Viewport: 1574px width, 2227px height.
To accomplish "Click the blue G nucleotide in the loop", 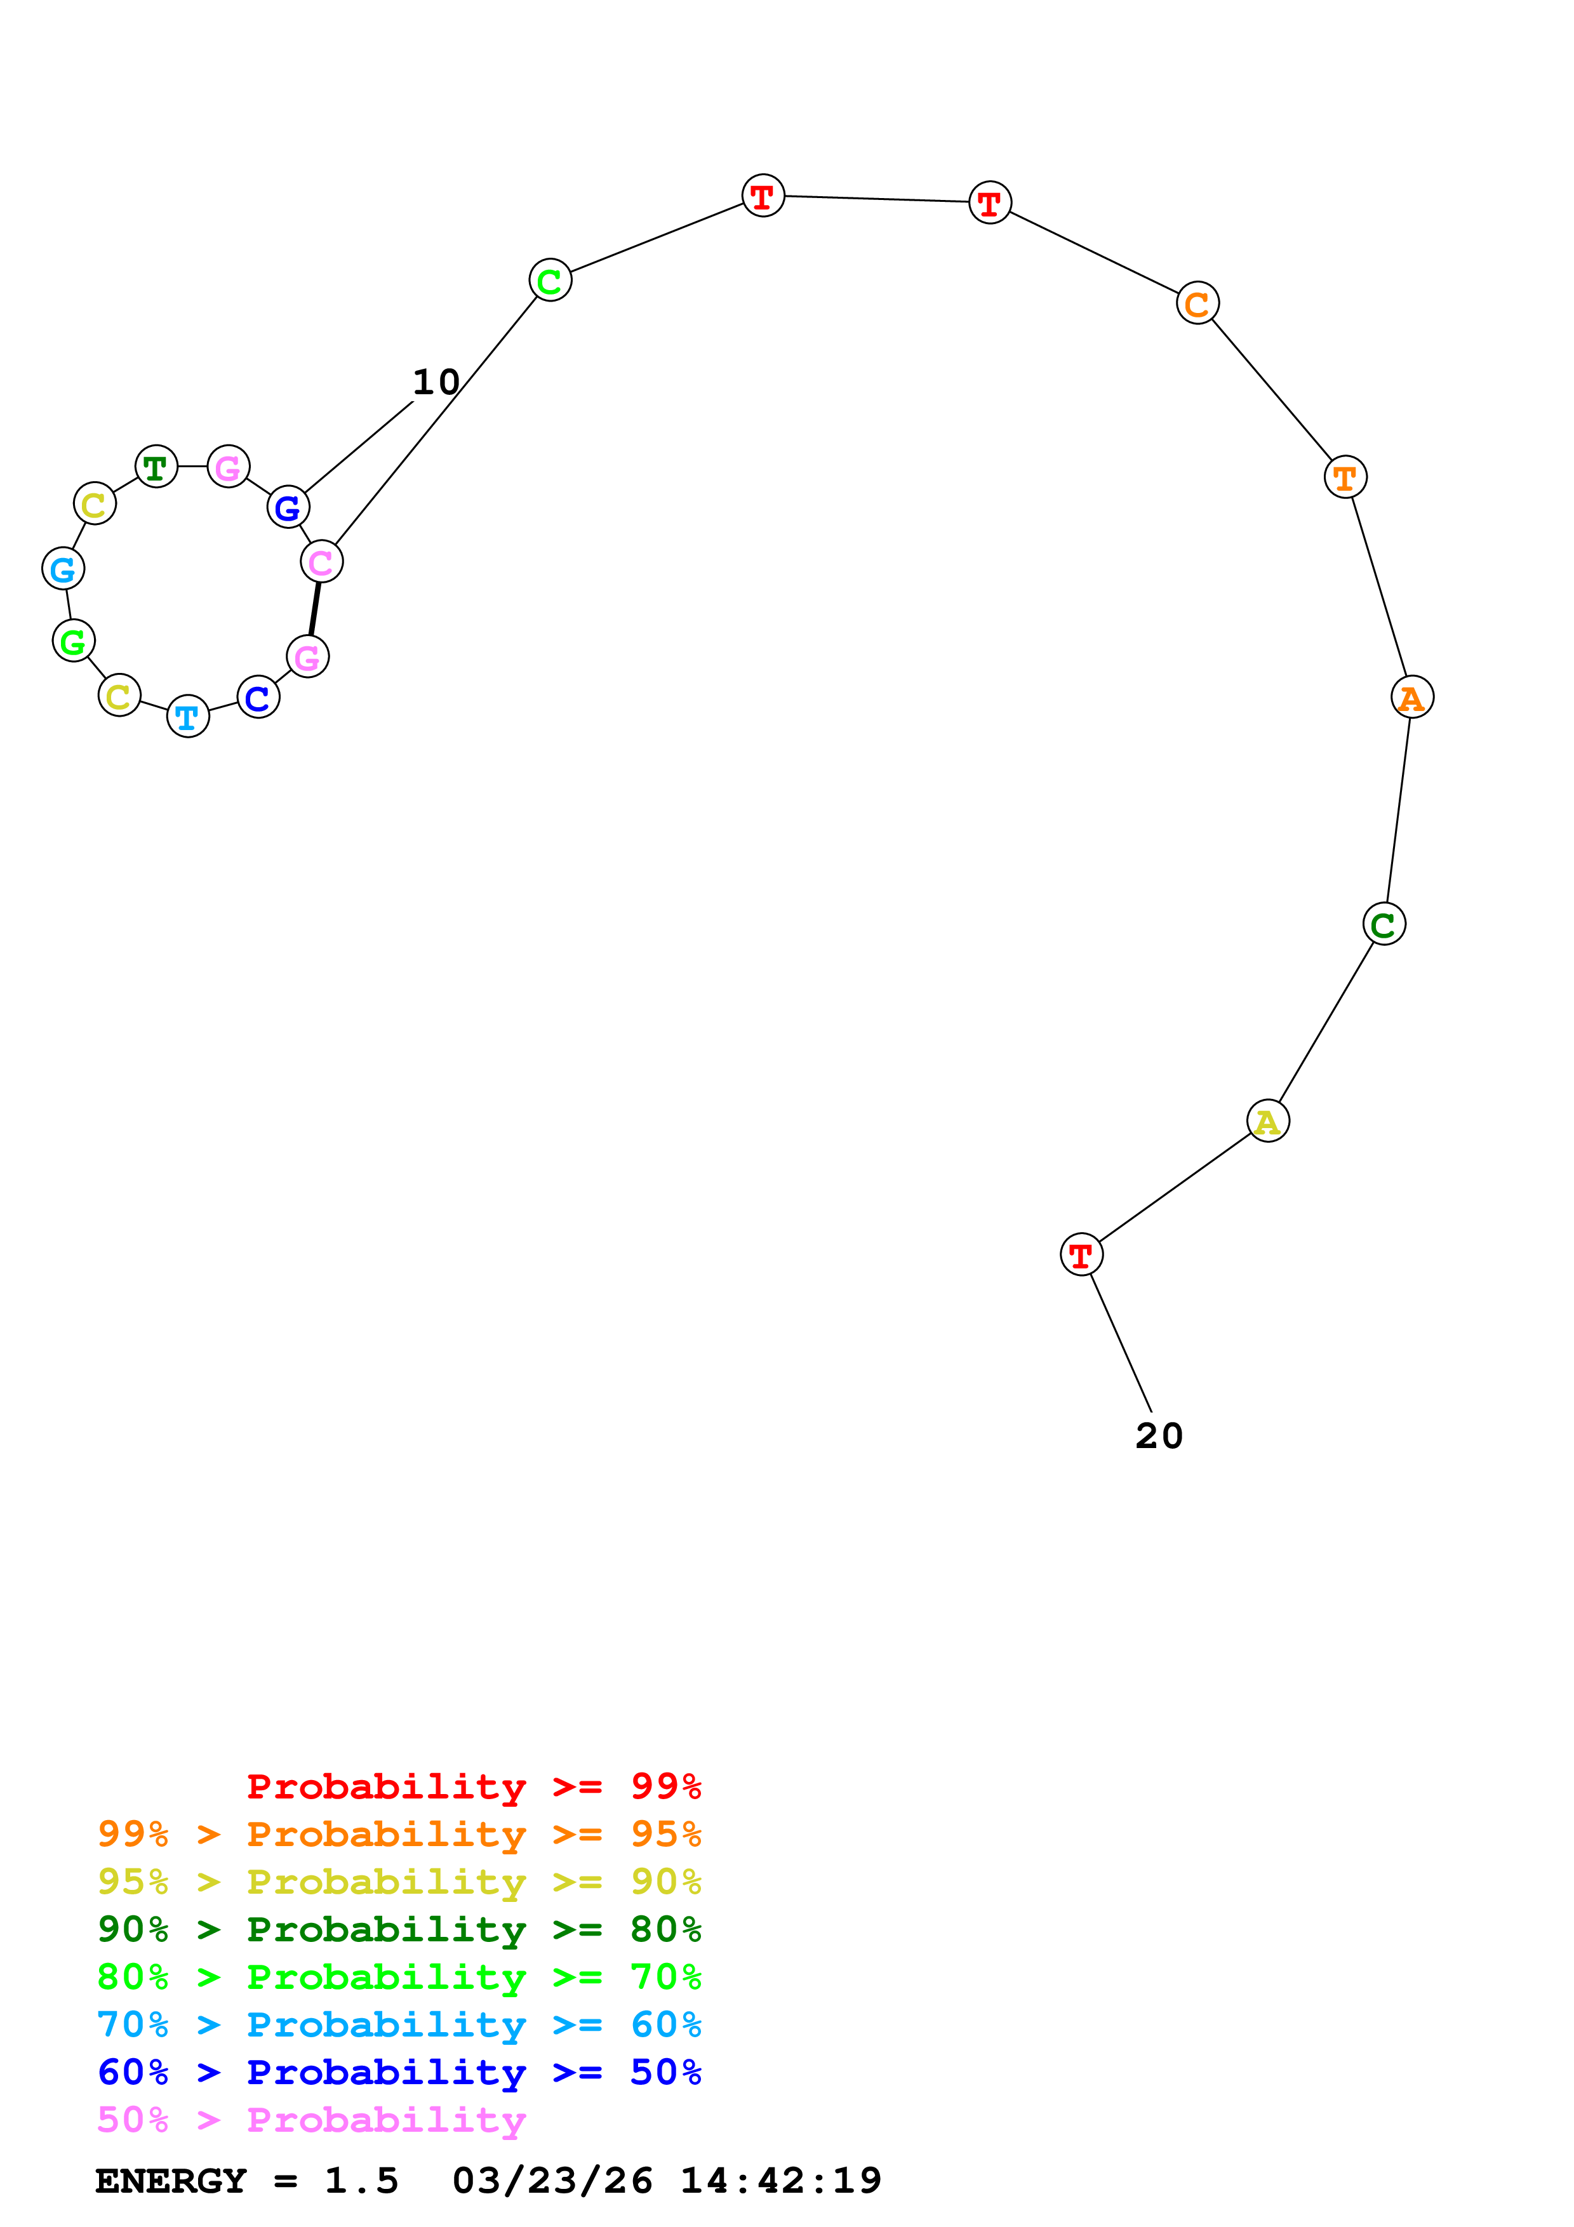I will point(288,507).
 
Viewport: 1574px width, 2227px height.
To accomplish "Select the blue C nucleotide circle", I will point(258,698).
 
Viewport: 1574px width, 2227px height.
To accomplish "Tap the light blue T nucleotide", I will point(188,717).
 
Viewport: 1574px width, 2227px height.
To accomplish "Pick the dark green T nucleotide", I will point(156,467).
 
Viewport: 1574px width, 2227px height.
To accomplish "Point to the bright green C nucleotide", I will point(550,281).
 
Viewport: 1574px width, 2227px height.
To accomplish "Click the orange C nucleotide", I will point(1197,303).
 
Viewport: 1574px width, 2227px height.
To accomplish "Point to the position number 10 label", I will point(436,382).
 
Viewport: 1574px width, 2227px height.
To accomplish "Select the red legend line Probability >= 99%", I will point(473,1786).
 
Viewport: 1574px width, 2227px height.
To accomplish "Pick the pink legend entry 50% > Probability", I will point(311,2120).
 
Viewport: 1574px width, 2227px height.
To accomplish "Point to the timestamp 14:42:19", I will point(781,2181).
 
